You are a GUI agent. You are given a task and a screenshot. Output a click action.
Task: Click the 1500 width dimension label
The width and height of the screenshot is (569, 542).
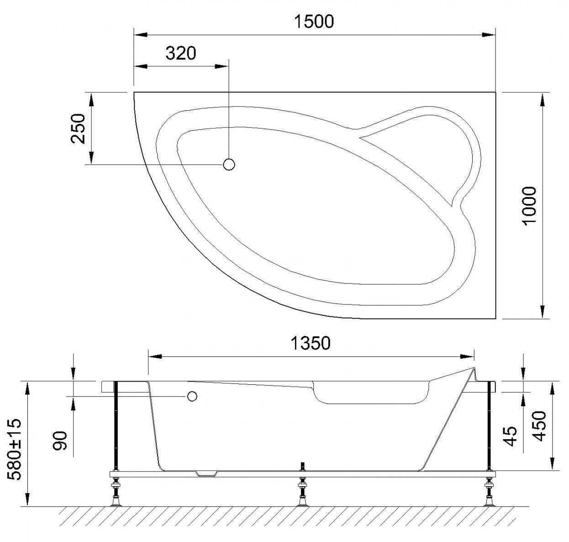314,21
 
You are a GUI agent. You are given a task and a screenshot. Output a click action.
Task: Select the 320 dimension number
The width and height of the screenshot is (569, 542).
180,53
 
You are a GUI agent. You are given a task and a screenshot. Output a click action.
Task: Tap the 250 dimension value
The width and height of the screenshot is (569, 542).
78,128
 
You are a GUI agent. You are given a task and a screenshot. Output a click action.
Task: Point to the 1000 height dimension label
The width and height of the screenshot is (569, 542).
529,205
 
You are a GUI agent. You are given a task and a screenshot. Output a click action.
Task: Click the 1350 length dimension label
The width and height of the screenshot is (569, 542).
310,343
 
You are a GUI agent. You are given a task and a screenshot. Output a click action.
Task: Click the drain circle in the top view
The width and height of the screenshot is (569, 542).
229,165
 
